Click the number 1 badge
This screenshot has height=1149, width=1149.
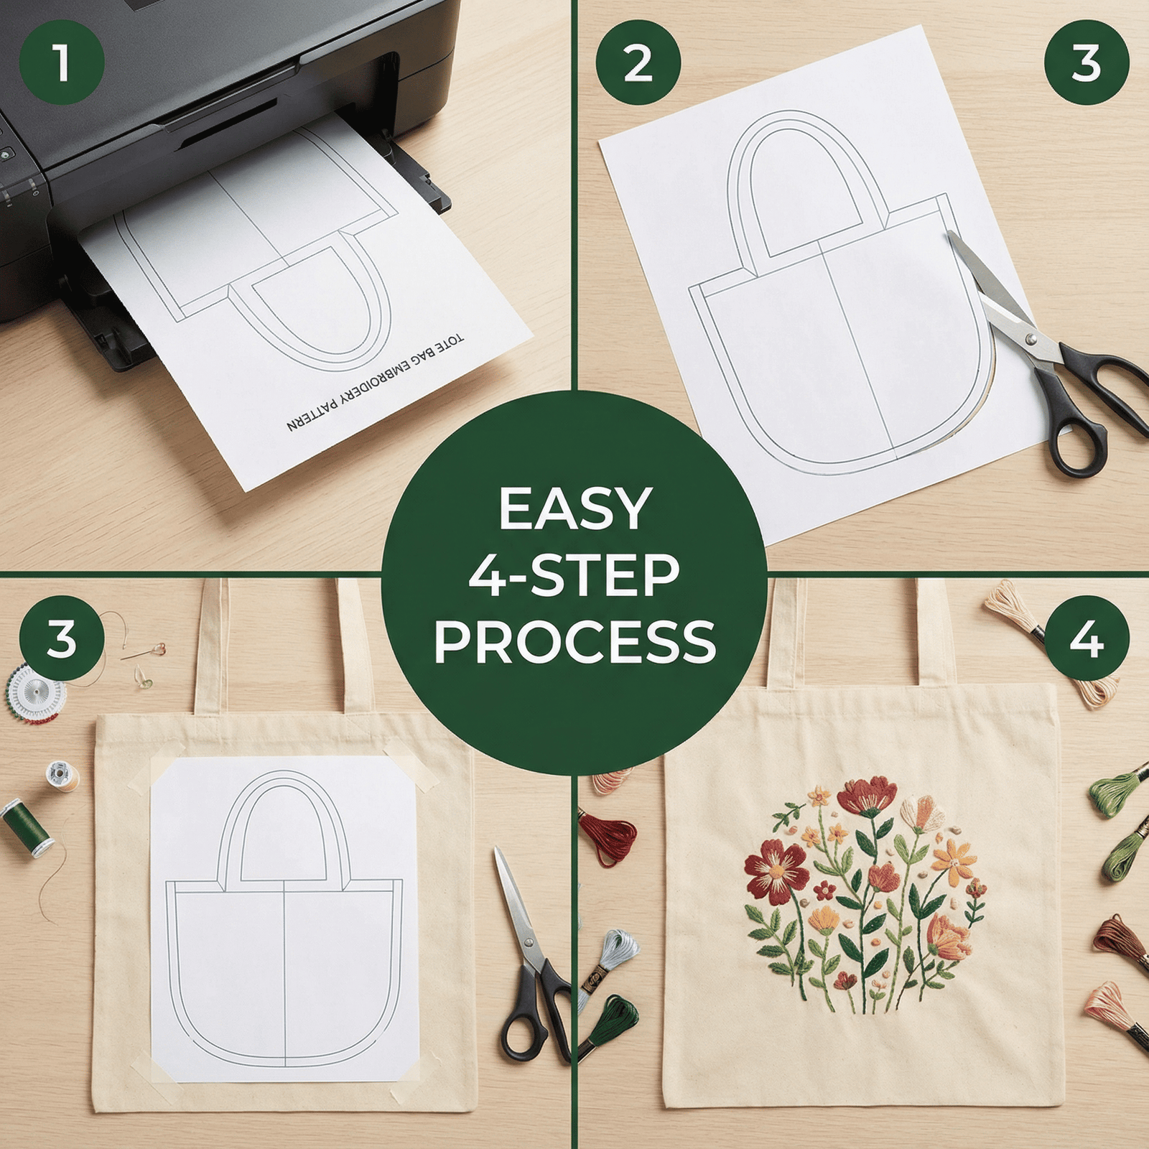[62, 62]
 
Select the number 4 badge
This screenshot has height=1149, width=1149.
[1087, 638]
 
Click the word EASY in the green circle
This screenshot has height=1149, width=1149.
[575, 509]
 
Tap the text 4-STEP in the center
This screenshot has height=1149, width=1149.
[574, 575]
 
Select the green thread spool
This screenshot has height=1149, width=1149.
[27, 827]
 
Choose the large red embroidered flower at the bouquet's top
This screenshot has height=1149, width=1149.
[867, 796]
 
